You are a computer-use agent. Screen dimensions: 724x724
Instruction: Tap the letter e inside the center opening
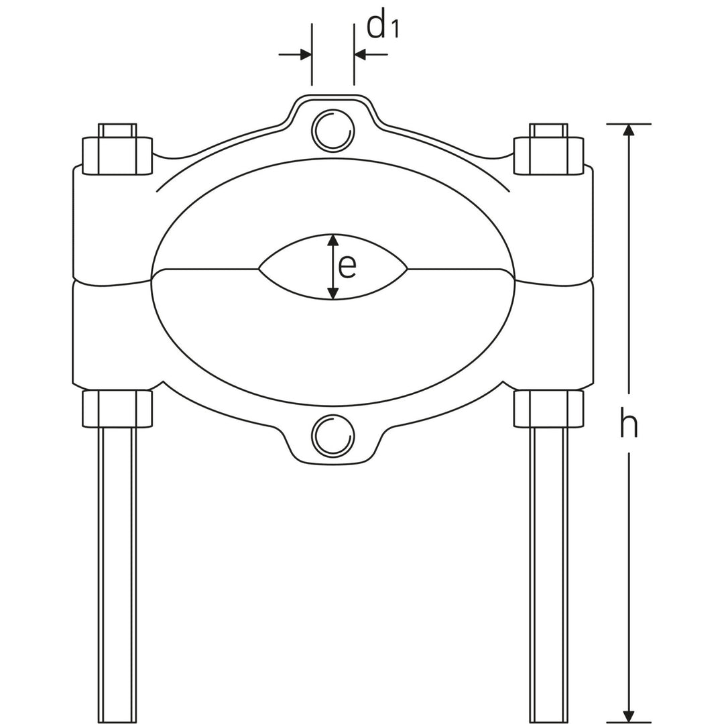pyautogui.click(x=347, y=266)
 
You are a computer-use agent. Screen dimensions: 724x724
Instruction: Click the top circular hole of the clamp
pyautogui.click(x=333, y=130)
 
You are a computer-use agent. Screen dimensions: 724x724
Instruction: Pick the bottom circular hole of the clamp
pyautogui.click(x=333, y=437)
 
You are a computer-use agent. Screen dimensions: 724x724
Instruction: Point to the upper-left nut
pyautogui.click(x=117, y=156)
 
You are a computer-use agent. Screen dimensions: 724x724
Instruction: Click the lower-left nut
pyautogui.click(x=117, y=409)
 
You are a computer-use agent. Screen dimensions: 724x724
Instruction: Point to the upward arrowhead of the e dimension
pyautogui.click(x=333, y=240)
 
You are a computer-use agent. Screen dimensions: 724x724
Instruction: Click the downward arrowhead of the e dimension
pyautogui.click(x=333, y=294)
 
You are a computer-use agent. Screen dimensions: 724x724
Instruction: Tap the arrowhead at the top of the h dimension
pyautogui.click(x=628, y=130)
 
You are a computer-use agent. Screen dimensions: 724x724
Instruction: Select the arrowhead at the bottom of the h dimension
pyautogui.click(x=628, y=717)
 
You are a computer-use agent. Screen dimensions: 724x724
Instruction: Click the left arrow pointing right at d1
pyautogui.click(x=305, y=55)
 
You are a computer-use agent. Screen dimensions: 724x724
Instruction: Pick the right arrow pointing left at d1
pyautogui.click(x=361, y=55)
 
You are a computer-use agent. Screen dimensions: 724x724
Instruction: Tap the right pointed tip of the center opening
pyautogui.click(x=407, y=269)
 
